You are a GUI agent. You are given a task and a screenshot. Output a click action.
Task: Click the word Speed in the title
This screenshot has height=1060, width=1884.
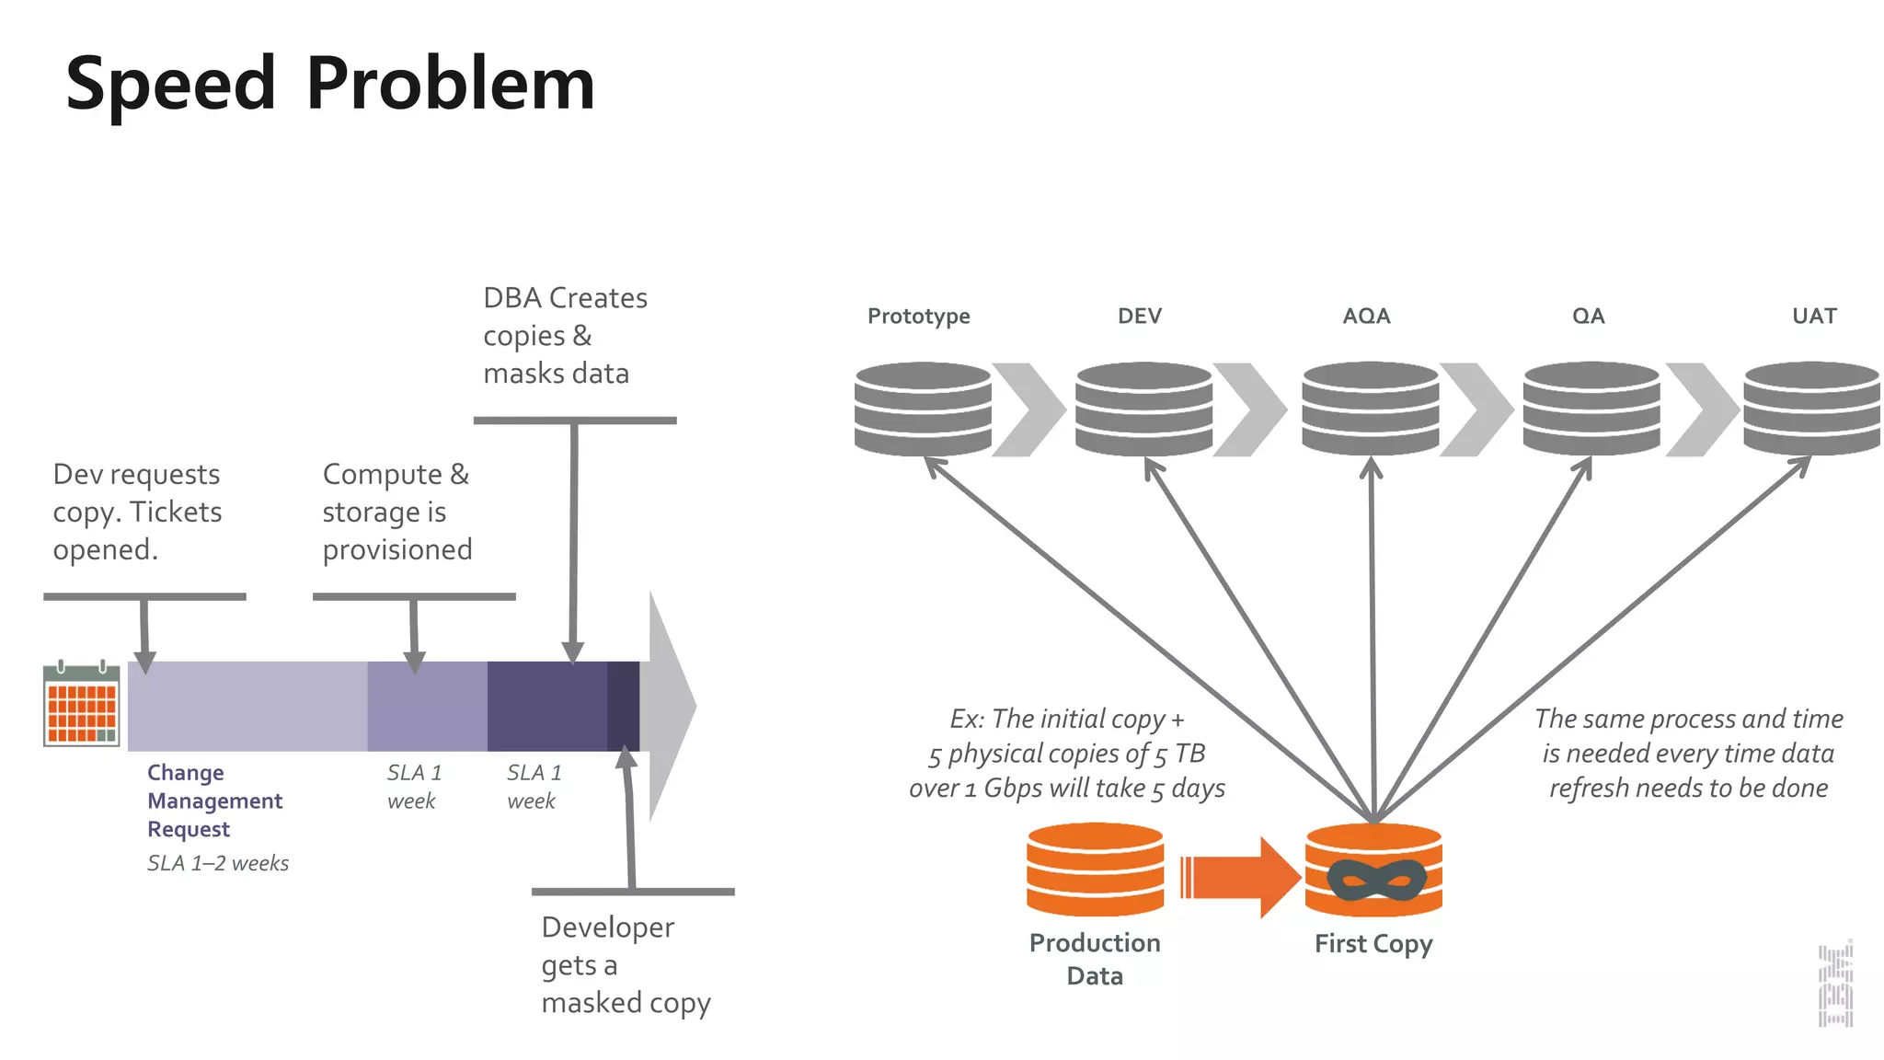click(x=171, y=85)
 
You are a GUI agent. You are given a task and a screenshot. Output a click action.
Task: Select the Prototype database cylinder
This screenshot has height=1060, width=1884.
click(x=923, y=409)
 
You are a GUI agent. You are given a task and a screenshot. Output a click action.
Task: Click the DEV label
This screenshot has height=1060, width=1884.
click(x=1140, y=317)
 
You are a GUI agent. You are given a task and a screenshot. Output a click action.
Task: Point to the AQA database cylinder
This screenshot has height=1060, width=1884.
click(x=1370, y=409)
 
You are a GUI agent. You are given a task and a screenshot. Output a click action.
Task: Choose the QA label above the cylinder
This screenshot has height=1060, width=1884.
click(x=1589, y=317)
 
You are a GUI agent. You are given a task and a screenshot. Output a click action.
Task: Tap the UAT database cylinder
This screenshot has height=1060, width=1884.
click(x=1811, y=409)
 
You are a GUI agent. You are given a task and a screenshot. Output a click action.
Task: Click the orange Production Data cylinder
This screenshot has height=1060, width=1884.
click(x=1095, y=870)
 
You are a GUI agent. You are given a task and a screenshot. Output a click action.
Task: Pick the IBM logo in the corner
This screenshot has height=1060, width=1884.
click(x=1835, y=985)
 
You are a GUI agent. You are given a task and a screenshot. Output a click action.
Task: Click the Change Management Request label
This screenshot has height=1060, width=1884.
click(x=214, y=801)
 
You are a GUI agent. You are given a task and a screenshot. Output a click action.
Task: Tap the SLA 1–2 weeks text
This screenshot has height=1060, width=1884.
click(x=218, y=863)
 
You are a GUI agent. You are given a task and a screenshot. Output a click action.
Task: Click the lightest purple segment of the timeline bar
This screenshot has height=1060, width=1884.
click(x=247, y=706)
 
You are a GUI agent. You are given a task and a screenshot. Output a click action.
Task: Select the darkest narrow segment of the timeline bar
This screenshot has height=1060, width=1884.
click(x=623, y=706)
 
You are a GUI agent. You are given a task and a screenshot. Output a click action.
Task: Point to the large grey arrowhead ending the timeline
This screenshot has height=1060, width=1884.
click(x=669, y=706)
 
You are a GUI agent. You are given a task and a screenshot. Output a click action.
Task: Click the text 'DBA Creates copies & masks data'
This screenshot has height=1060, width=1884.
click(x=565, y=336)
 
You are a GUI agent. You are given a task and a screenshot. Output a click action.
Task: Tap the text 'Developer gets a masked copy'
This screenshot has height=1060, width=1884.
click(x=626, y=965)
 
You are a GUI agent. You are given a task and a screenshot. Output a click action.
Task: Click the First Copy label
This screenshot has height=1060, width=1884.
click(x=1373, y=944)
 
